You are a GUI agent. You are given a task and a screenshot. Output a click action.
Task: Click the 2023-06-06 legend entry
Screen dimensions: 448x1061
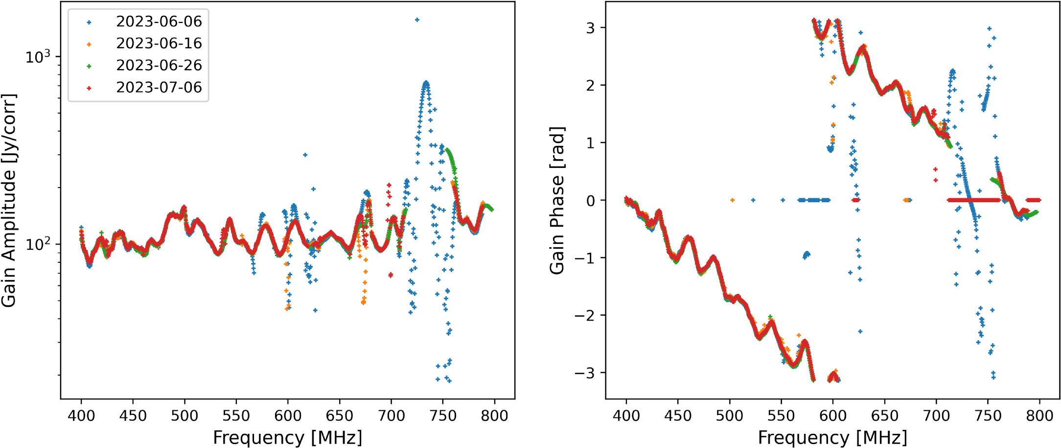pyautogui.click(x=159, y=22)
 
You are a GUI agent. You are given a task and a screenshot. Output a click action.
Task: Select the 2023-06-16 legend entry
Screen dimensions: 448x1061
pyautogui.click(x=159, y=44)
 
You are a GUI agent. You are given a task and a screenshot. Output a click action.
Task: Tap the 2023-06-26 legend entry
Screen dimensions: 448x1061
pyautogui.click(x=159, y=65)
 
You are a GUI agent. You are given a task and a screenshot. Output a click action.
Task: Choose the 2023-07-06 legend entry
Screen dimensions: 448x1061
pyautogui.click(x=159, y=87)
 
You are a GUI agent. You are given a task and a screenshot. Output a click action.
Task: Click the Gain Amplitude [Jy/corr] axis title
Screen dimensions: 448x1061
pyautogui.click(x=9, y=201)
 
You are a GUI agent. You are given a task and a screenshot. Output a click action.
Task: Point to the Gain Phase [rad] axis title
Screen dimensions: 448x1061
pyautogui.click(x=557, y=201)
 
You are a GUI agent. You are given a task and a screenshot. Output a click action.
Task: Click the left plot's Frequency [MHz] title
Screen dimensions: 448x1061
pyautogui.click(x=287, y=437)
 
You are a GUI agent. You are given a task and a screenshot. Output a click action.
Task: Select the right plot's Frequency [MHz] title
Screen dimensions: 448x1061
pyautogui.click(x=832, y=437)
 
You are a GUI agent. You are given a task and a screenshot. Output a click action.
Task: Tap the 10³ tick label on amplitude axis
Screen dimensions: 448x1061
pyautogui.click(x=38, y=57)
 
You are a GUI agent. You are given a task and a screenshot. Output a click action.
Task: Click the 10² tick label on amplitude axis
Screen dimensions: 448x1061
pyautogui.click(x=38, y=244)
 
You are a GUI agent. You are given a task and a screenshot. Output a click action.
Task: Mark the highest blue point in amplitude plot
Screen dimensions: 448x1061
pyautogui.click(x=417, y=20)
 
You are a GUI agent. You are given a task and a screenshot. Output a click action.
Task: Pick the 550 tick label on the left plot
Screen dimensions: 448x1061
pyautogui.click(x=236, y=416)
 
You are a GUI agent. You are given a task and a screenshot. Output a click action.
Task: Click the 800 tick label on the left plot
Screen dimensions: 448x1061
pyautogui.click(x=494, y=416)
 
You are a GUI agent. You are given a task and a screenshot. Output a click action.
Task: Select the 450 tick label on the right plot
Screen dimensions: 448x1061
pyautogui.click(x=678, y=416)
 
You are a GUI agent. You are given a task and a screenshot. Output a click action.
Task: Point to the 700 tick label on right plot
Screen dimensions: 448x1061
pyautogui.click(x=936, y=416)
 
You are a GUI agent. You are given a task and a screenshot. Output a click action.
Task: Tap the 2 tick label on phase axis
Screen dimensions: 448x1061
pyautogui.click(x=590, y=85)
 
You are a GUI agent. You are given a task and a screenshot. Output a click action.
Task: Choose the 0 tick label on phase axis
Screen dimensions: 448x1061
pyautogui.click(x=590, y=200)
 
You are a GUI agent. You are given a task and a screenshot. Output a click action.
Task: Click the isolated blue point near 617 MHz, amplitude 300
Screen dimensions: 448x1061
pyautogui.click(x=305, y=155)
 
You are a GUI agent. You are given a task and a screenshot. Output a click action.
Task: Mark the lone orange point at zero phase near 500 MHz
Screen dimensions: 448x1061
pyautogui.click(x=732, y=200)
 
